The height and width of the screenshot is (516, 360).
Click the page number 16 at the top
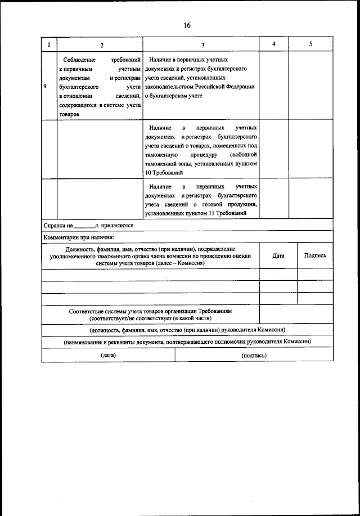click(187, 26)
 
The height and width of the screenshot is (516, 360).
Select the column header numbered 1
click(49, 44)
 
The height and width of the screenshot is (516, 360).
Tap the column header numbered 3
click(202, 44)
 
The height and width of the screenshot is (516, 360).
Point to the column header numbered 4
click(273, 44)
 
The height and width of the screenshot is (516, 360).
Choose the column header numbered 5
click(310, 44)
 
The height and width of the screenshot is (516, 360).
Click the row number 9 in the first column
click(45, 87)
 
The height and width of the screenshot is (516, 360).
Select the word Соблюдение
click(79, 59)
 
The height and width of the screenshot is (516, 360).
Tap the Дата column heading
click(278, 255)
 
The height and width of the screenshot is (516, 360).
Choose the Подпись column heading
click(315, 255)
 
